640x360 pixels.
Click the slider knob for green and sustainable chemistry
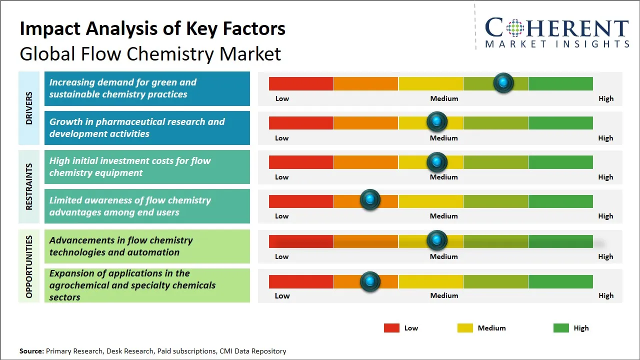(x=503, y=83)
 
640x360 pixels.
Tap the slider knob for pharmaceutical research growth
(x=437, y=122)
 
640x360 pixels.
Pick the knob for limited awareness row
(x=370, y=200)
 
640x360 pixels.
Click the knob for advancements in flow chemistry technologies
(x=437, y=240)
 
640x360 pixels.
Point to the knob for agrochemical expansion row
(x=370, y=282)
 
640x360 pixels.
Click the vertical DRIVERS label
(x=29, y=107)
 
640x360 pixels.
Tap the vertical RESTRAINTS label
(x=29, y=186)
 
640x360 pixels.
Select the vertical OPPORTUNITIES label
(x=29, y=266)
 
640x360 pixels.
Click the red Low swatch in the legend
(x=391, y=328)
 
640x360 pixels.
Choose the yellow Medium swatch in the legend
(x=465, y=328)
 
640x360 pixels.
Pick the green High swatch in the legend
(x=561, y=328)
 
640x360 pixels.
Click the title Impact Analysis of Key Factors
(x=152, y=29)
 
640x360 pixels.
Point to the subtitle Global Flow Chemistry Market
(x=150, y=54)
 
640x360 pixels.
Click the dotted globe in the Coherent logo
(x=514, y=28)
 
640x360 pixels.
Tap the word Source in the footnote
(x=31, y=351)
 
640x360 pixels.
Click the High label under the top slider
(x=606, y=98)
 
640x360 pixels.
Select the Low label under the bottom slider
(x=282, y=295)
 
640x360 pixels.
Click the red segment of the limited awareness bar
(x=301, y=201)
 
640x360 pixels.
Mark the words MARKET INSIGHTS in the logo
(x=557, y=44)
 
